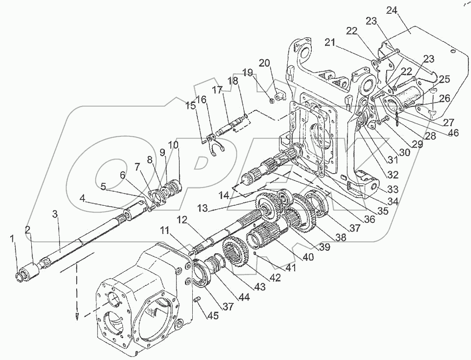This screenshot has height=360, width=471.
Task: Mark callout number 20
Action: pos(265,63)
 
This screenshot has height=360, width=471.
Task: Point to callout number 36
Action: pos(369,219)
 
